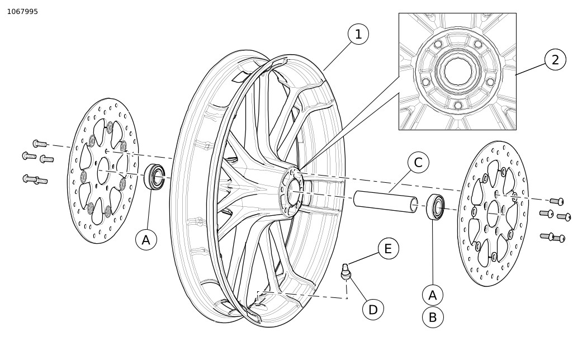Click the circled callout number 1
tap(358, 34)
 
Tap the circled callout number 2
tap(555, 60)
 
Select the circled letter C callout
tap(418, 163)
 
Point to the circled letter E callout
tap(389, 249)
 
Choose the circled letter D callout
tap(373, 309)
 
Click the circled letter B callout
tap(433, 318)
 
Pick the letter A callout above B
tap(433, 295)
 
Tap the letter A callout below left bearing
tap(146, 240)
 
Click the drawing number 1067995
tap(22, 12)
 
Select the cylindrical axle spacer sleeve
tap(385, 201)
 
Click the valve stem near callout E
tap(346, 272)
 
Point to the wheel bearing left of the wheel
tap(155, 177)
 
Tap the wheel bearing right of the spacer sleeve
tap(436, 207)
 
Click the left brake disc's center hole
tap(103, 171)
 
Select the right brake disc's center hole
tap(493, 214)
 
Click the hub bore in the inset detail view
tap(458, 72)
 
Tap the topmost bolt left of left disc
tap(40, 144)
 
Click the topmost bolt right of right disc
tap(556, 201)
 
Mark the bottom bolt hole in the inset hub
tap(458, 106)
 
